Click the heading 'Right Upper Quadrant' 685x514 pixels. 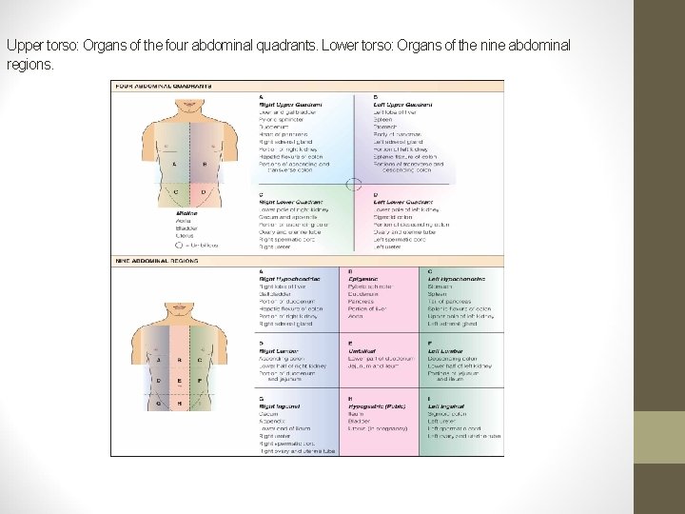pos(290,104)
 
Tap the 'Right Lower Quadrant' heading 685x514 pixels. pos(290,202)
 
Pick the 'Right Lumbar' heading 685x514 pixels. pos(279,350)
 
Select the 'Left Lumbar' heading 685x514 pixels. pos(447,350)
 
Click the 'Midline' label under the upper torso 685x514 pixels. pos(160,213)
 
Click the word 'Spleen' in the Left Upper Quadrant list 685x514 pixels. pos(382,118)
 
